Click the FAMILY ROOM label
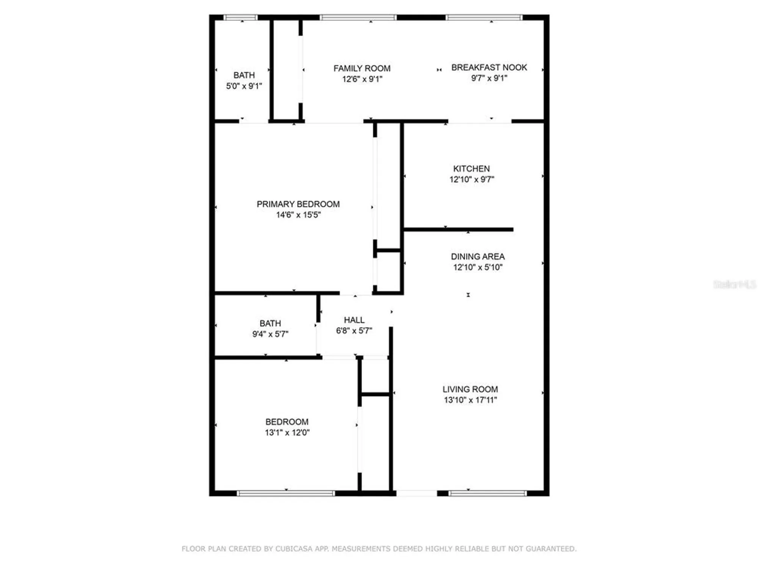[362, 69]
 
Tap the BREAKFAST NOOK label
[489, 67]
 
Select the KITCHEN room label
[471, 169]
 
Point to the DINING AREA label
[478, 257]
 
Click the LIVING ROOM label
[470, 389]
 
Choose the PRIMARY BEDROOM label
[298, 204]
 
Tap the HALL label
[354, 320]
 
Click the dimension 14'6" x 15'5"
[298, 215]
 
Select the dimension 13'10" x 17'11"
[470, 400]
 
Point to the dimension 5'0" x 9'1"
[244, 86]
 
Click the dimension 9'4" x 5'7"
[270, 334]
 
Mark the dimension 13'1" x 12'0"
[287, 432]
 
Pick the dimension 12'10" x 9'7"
[471, 179]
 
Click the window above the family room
[358, 17]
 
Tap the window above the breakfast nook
[484, 17]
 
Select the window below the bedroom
[286, 493]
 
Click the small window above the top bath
[240, 17]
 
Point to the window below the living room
[487, 493]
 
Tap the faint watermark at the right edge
[735, 284]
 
